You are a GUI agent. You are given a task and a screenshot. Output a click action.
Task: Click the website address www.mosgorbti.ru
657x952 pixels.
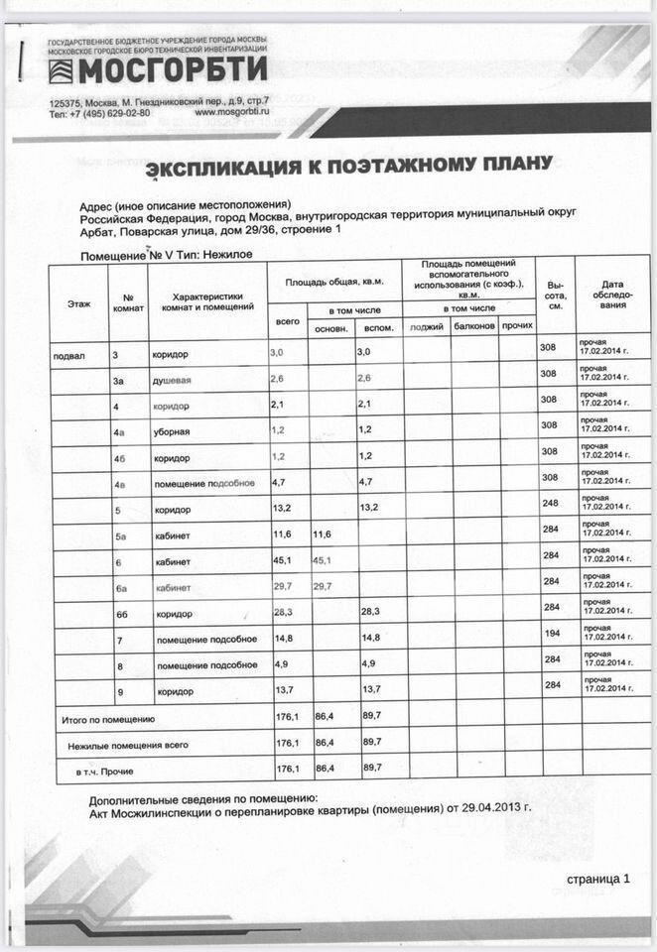pyautogui.click(x=231, y=113)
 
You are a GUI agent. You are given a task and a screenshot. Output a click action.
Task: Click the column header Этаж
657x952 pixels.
pyautogui.click(x=79, y=301)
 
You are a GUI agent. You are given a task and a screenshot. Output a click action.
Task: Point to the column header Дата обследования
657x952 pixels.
pyautogui.click(x=611, y=295)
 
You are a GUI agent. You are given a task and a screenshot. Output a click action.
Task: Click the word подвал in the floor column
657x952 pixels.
pyautogui.click(x=69, y=354)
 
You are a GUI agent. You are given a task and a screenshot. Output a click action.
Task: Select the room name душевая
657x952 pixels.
pyautogui.click(x=171, y=380)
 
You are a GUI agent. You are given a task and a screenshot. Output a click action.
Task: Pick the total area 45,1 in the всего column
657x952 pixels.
pyautogui.click(x=285, y=562)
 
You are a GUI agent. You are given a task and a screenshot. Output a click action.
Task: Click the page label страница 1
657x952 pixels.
pyautogui.click(x=597, y=879)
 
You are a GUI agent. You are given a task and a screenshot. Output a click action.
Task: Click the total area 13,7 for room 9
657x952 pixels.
pyautogui.click(x=285, y=691)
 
